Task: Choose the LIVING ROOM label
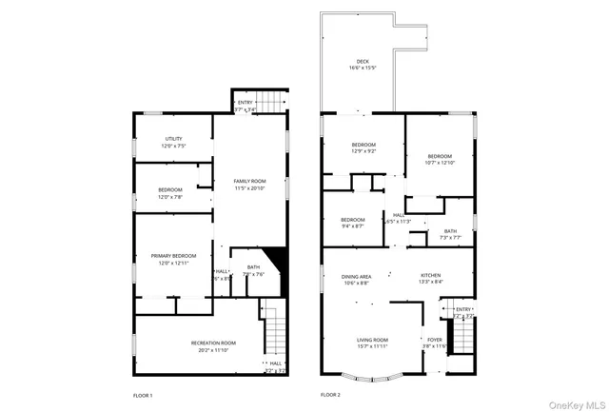click(x=372, y=343)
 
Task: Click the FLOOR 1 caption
click(x=143, y=395)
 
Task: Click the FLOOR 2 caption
click(x=330, y=395)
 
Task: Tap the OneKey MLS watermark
click(x=574, y=402)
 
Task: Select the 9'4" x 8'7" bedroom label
click(x=352, y=223)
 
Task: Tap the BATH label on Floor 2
click(x=449, y=233)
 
